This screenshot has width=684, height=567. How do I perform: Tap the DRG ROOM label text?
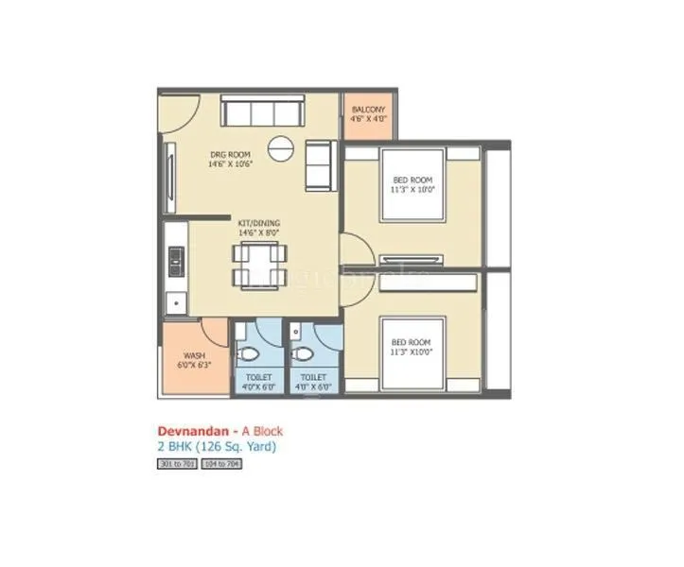coord(230,154)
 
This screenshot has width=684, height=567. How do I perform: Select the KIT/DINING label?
coord(258,223)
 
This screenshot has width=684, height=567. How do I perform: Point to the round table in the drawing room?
coord(281,147)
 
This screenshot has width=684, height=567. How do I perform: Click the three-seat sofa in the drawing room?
coord(259,112)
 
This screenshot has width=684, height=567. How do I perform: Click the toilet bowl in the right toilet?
coord(304,355)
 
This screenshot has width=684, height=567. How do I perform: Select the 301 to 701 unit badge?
coord(176,465)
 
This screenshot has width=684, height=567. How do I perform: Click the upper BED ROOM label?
coord(412,180)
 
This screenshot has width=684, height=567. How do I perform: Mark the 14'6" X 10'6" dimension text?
coord(230,163)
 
